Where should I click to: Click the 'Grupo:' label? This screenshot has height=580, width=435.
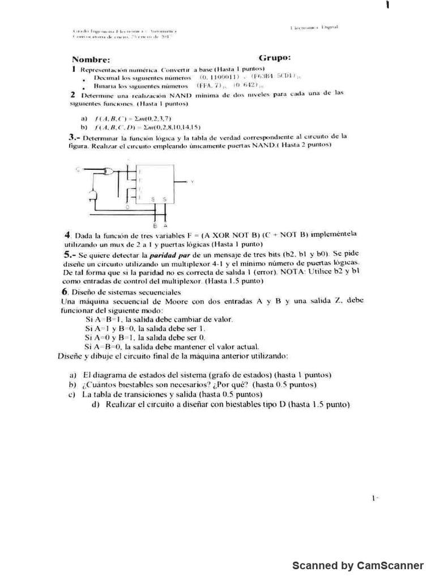(x=275, y=58)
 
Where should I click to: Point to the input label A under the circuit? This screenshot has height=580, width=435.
(x=165, y=225)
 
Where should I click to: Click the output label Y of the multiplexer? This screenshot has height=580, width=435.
(x=193, y=181)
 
